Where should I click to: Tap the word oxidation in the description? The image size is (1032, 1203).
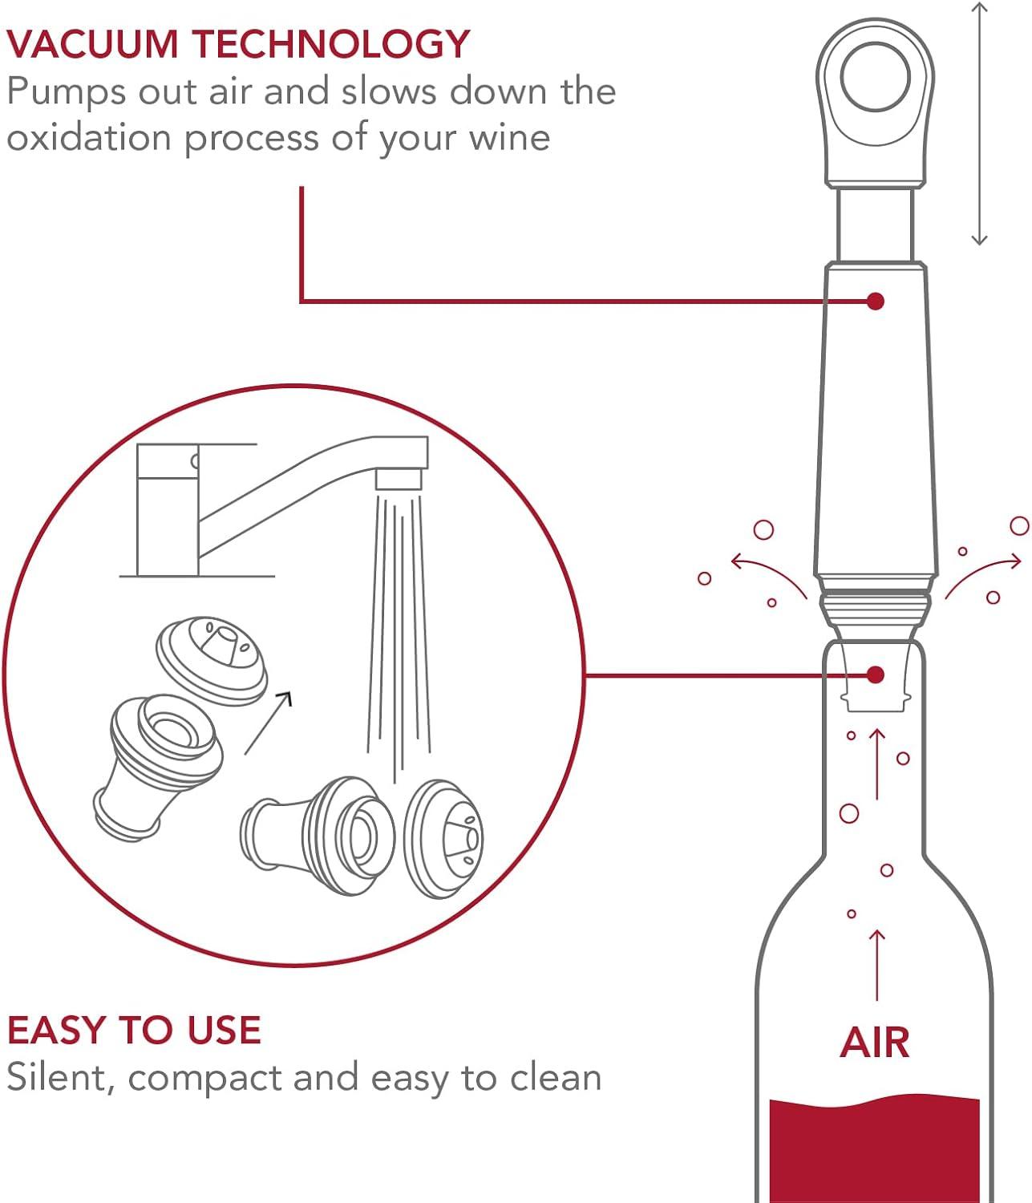pyautogui.click(x=89, y=138)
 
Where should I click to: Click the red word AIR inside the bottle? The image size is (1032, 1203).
pyautogui.click(x=875, y=1043)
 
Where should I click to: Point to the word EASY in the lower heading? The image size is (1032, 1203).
pyautogui.click(x=56, y=1031)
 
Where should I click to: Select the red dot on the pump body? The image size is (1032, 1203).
pyautogui.click(x=876, y=301)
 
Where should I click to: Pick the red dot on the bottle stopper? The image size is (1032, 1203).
pyautogui.click(x=876, y=674)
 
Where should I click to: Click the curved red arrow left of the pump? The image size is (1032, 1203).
pyautogui.click(x=768, y=573)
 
